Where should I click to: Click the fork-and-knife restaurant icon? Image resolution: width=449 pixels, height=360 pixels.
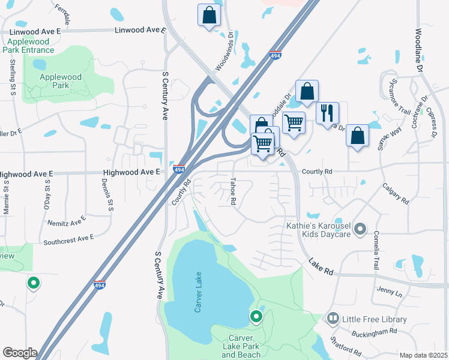[x=327, y=113]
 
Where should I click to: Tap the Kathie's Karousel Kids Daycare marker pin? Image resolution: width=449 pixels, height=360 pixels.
[x=360, y=228]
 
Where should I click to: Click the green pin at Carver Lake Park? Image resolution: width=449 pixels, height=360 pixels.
[x=256, y=315]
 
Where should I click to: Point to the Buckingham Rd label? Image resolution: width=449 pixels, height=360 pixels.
[x=375, y=331]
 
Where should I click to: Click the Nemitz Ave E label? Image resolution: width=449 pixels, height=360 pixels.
[x=67, y=223]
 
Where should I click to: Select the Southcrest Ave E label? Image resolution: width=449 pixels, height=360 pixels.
[x=69, y=239]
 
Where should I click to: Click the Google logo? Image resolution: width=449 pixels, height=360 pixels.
[x=20, y=353]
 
